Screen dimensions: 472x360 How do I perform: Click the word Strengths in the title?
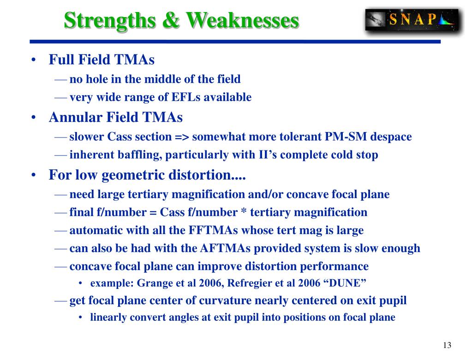110,21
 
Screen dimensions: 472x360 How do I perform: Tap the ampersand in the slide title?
171,20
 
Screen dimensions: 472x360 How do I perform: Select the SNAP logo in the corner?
412,20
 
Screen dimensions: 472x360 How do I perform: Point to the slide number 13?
447,345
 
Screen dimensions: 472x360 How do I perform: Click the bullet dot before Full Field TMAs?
34,60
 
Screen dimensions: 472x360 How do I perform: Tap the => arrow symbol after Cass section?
182,137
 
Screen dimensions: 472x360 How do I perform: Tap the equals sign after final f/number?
153,213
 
